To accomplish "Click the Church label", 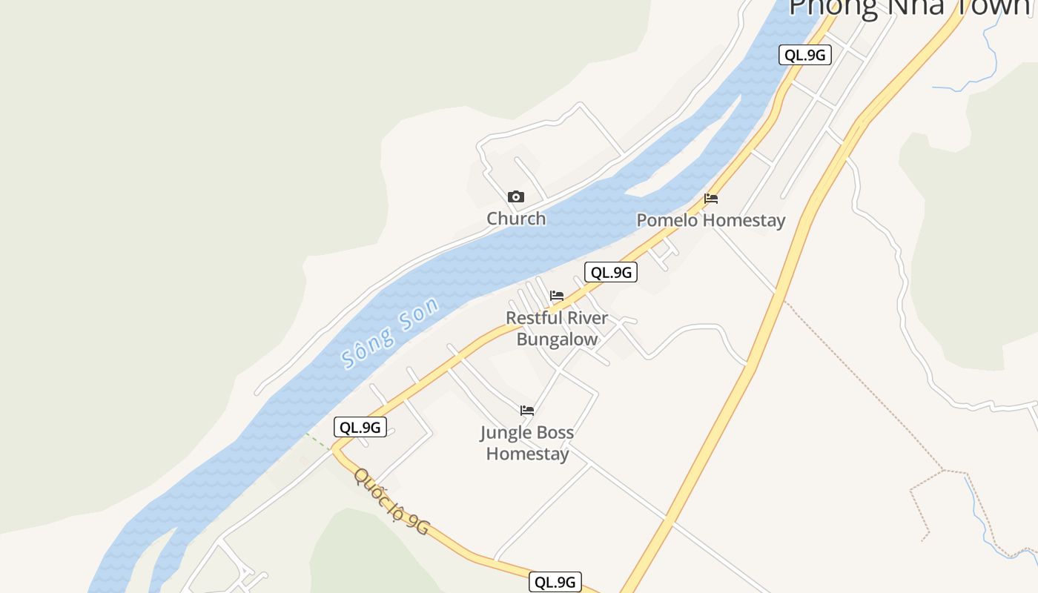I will point(516,219).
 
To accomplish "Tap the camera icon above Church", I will point(516,197).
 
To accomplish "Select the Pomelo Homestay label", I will point(710,220).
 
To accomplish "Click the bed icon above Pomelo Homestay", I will point(711,199).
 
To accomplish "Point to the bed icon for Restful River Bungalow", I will point(557,296).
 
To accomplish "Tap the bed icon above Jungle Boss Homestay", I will point(527,410).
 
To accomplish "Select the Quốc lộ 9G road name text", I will point(391,501).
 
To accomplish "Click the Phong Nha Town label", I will point(912,7).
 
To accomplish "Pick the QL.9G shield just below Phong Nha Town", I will point(804,55).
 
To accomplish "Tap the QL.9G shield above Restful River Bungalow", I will point(611,273).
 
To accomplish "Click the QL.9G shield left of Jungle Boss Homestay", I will point(360,427).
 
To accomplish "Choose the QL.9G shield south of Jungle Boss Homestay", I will point(555,582).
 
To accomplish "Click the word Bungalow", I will point(557,340).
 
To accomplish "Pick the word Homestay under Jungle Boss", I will point(527,454).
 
